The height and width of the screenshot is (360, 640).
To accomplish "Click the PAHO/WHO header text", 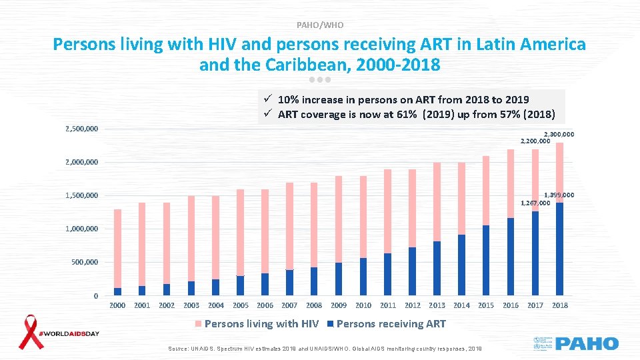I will tap(320, 25).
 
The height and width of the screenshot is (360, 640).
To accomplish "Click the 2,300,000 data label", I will tap(559, 135).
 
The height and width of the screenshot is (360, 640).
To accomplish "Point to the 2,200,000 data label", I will tap(535, 141).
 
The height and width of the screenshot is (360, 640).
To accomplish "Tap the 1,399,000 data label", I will tap(559, 195).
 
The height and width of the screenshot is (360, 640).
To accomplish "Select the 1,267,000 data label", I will tap(535, 203).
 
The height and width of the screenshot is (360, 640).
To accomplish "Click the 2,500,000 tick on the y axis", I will tap(82, 128).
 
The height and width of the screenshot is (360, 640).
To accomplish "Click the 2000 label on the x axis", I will tap(117, 305).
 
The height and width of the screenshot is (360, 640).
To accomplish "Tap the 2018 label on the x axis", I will tap(560, 305).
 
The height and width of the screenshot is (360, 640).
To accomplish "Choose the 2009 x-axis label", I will tap(339, 305).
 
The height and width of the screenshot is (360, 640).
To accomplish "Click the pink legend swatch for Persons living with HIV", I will tap(198, 325).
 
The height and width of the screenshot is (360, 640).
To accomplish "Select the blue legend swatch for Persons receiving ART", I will tap(330, 325).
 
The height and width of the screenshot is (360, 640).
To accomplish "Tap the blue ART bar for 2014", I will tap(461, 265).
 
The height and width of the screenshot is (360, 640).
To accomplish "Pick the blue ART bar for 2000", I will tap(117, 291).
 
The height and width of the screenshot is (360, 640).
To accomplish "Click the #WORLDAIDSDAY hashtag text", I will tap(69, 333).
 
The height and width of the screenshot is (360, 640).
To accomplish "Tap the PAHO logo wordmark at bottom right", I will tap(587, 344).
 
